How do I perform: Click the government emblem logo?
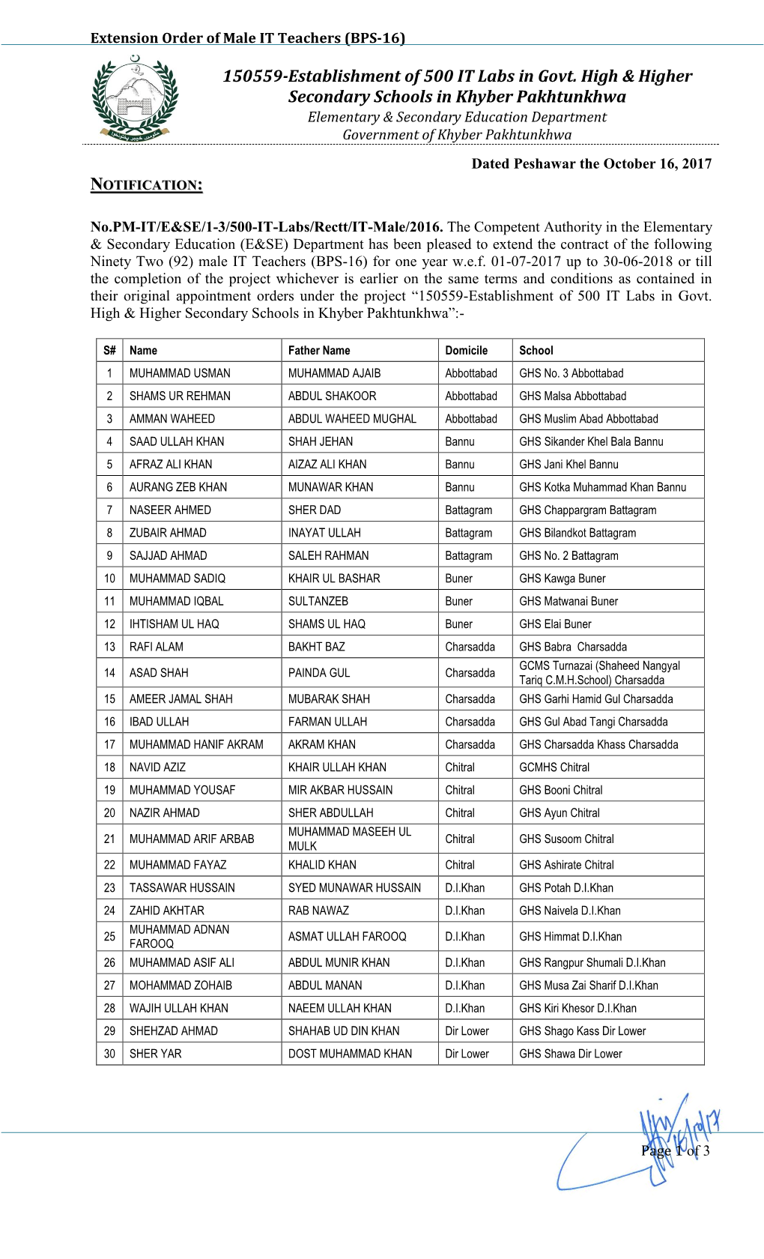point(135,98)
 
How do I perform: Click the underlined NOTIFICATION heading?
point(146,184)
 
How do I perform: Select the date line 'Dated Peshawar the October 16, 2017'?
point(591,164)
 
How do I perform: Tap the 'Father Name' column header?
point(319,350)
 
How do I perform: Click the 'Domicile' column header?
point(466,350)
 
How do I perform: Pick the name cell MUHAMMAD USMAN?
point(180,373)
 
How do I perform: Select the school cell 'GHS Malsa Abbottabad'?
point(572,396)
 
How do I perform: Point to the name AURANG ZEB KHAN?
point(178,487)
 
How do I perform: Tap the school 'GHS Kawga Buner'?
point(563,579)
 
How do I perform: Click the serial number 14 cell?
point(109,673)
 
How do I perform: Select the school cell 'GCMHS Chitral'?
point(554,767)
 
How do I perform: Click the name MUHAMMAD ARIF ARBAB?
point(192,839)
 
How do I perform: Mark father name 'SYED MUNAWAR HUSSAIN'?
point(354,888)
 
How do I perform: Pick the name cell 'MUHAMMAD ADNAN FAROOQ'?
point(180,937)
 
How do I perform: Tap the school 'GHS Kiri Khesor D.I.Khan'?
point(577,1009)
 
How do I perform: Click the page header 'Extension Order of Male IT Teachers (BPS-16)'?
point(247,37)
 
